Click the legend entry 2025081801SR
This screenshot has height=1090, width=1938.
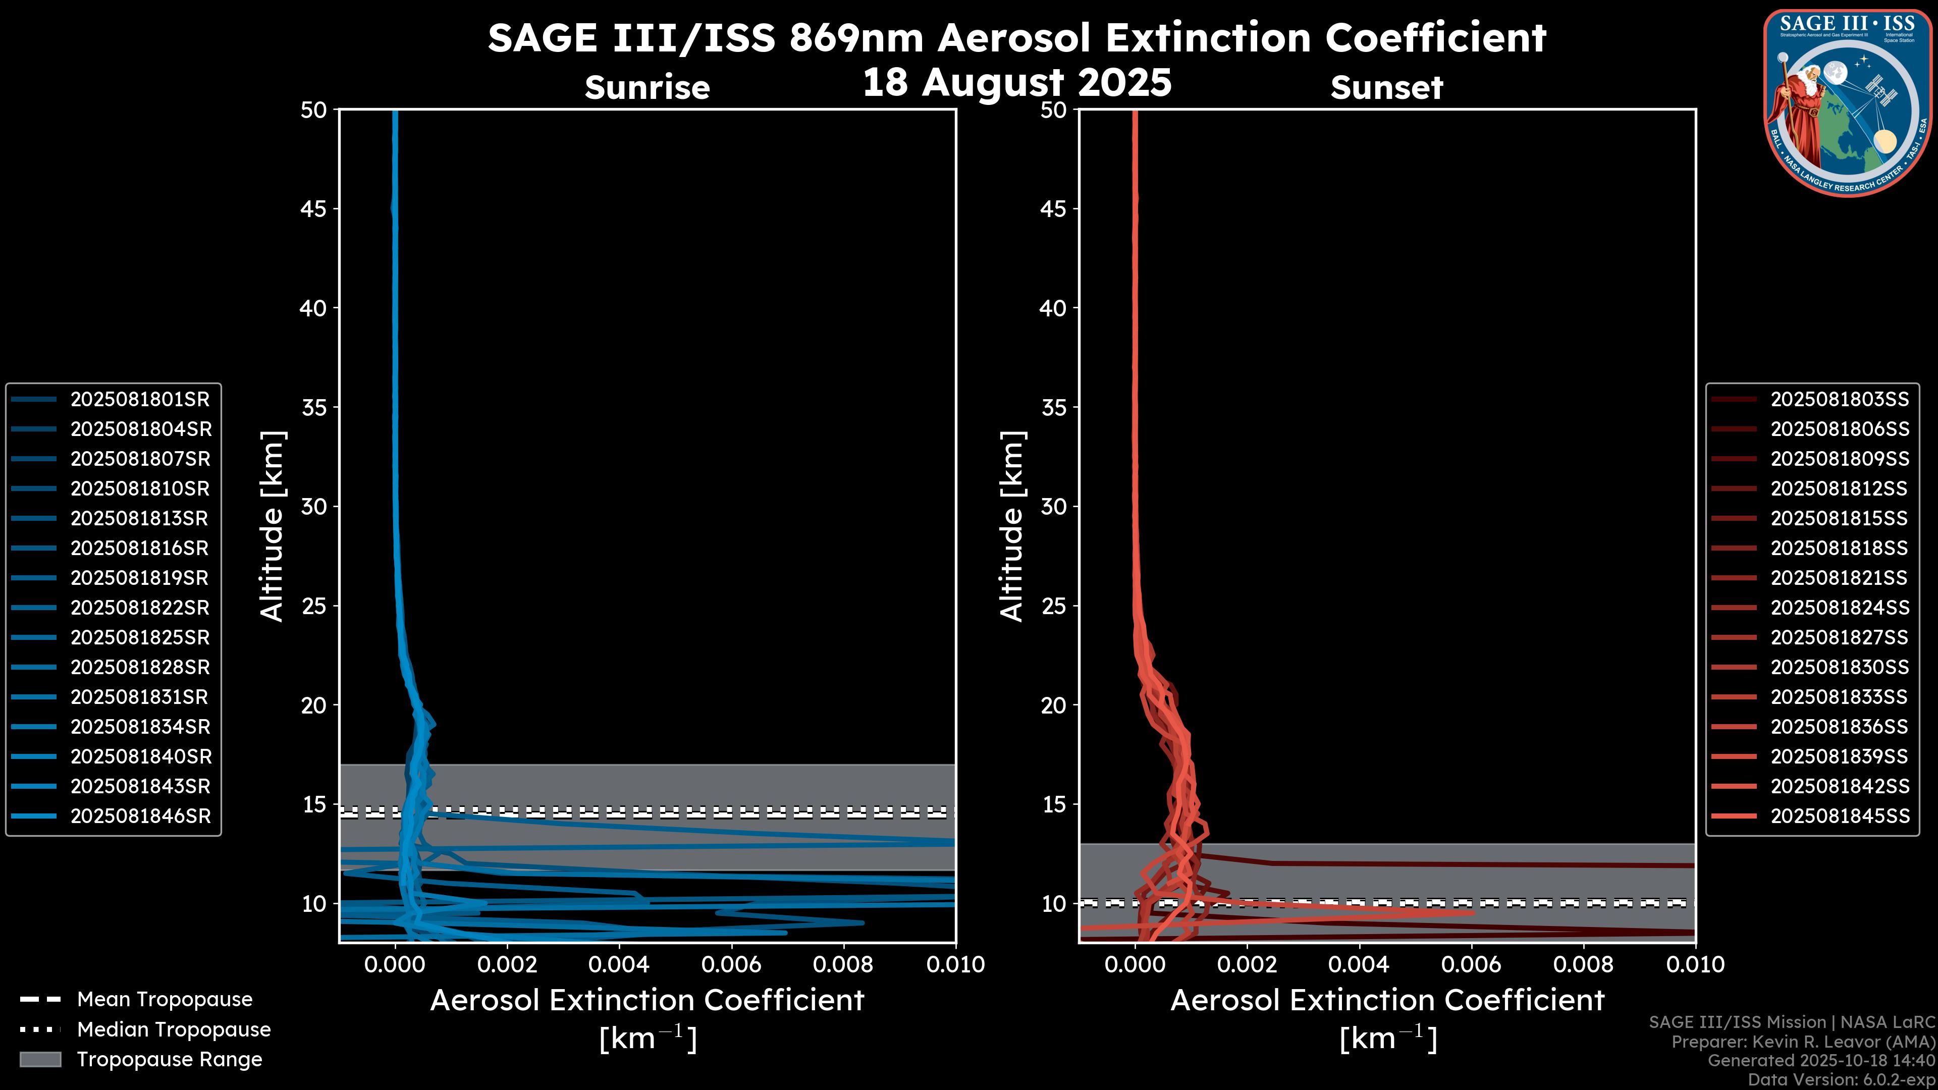pyautogui.click(x=140, y=400)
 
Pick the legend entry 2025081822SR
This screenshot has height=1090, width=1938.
pyautogui.click(x=140, y=608)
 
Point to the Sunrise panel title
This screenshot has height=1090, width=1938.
pyautogui.click(x=647, y=88)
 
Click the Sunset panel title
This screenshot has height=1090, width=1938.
pyautogui.click(x=1386, y=88)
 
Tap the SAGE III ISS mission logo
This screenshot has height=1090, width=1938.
pyautogui.click(x=1849, y=102)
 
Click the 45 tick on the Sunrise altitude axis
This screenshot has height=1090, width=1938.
pyautogui.click(x=314, y=209)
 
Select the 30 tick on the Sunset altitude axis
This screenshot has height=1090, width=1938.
pyautogui.click(x=1053, y=507)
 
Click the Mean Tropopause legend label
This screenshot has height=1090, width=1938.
pyautogui.click(x=165, y=1000)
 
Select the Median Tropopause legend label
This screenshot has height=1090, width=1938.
pyautogui.click(x=174, y=1030)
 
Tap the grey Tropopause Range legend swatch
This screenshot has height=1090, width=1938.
pyautogui.click(x=40, y=1059)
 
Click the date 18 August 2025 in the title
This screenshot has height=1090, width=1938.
pyautogui.click(x=1016, y=83)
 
